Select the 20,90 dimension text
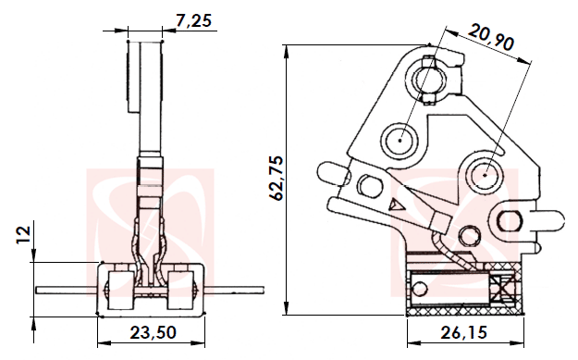pos(491,39)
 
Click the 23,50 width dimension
pos(152,332)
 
